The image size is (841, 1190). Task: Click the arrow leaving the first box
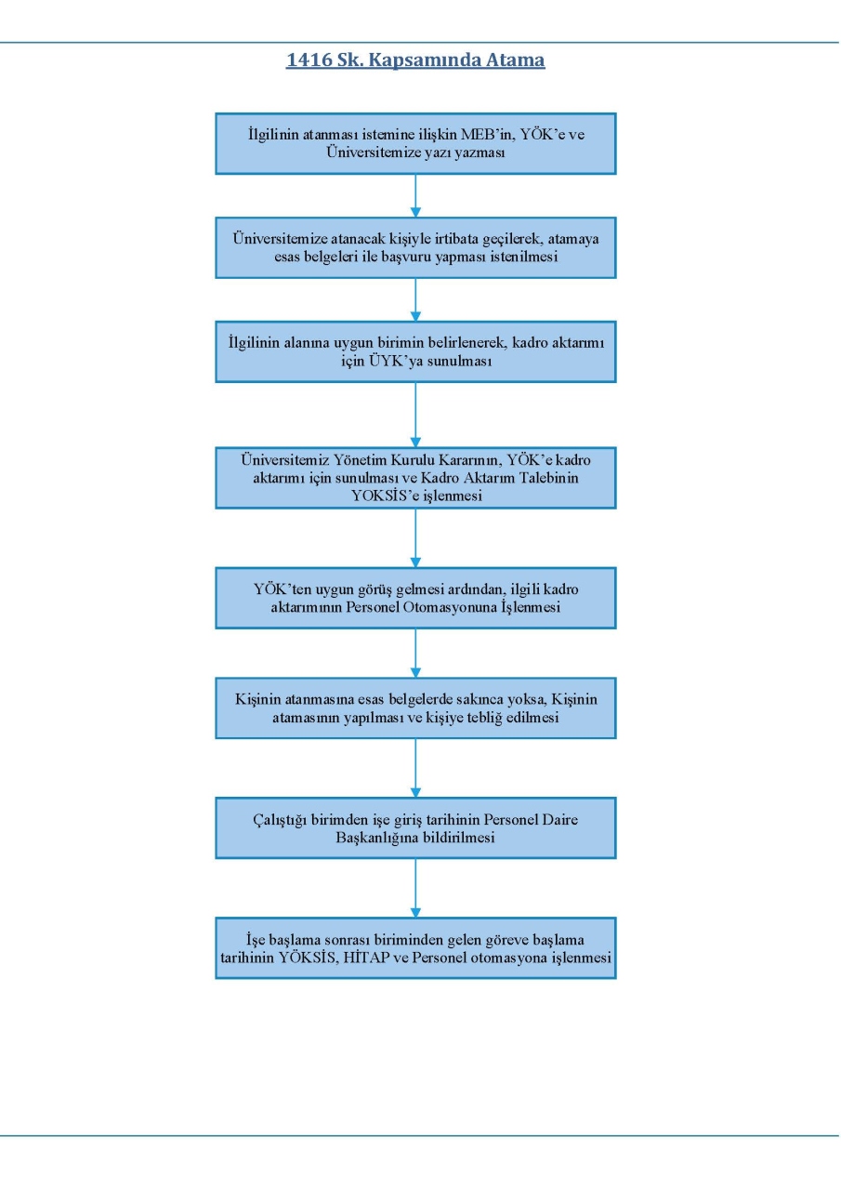[415, 195]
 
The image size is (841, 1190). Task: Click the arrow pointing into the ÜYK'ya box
[415, 299]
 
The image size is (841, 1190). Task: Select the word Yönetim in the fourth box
[360, 459]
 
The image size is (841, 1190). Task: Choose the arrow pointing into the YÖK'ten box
[415, 538]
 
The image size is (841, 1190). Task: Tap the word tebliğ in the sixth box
[481, 718]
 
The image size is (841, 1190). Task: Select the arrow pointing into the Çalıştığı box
[415, 768]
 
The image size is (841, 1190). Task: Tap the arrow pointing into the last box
[415, 888]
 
